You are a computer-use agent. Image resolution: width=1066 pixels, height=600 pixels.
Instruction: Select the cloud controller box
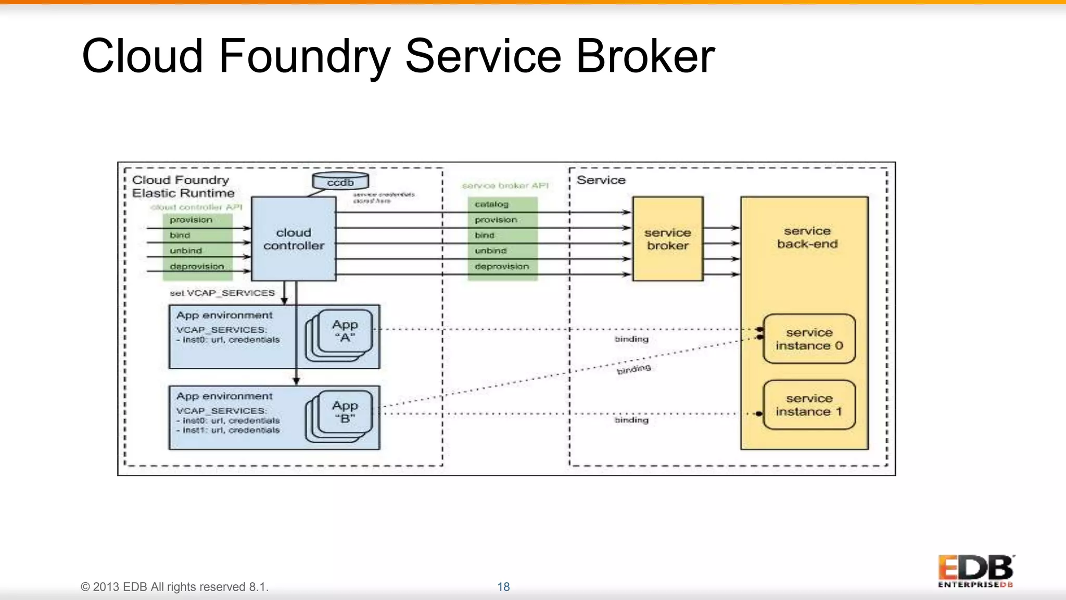(294, 239)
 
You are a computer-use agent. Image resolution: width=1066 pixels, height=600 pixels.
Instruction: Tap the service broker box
(668, 239)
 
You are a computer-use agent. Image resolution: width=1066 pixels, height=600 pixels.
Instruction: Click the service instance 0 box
(809, 339)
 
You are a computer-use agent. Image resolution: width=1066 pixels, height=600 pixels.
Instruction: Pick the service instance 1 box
(809, 405)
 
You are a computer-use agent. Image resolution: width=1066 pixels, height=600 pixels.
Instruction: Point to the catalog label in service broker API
(491, 204)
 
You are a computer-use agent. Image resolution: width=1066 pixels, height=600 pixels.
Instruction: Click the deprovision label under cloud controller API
(197, 266)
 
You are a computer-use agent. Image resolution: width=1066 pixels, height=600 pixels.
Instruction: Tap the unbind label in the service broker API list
(490, 251)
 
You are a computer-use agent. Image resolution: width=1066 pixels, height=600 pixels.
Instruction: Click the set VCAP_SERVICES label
(222, 293)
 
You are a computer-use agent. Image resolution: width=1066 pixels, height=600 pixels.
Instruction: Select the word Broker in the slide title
(645, 56)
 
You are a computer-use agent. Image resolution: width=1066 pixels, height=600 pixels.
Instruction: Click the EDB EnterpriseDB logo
(976, 571)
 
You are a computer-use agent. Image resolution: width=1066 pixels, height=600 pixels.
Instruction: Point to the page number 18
(503, 587)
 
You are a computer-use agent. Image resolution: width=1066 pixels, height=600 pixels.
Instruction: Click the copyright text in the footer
(174, 587)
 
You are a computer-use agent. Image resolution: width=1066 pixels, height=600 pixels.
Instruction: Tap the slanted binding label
(633, 369)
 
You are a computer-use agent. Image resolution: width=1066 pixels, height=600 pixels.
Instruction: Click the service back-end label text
(807, 238)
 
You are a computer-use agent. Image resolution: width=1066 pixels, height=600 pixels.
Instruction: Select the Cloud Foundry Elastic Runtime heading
(183, 186)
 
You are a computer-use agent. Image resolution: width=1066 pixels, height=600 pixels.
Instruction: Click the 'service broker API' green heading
(505, 185)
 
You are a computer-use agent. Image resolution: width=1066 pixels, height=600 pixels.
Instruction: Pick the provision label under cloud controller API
(191, 220)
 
